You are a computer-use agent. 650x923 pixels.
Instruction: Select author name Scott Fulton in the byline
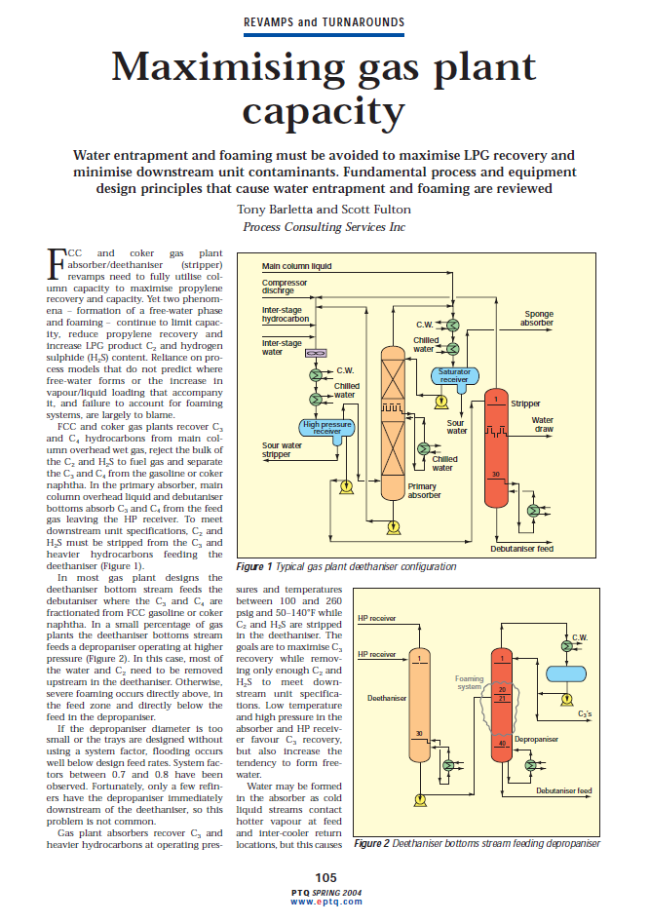point(378,209)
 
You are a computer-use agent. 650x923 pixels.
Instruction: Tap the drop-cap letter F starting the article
point(57,261)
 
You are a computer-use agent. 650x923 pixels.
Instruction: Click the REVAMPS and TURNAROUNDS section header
point(325,20)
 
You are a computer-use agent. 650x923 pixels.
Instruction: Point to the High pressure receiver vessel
point(327,426)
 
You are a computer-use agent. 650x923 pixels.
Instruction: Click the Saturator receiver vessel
point(455,373)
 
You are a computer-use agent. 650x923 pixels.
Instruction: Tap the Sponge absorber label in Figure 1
point(536,318)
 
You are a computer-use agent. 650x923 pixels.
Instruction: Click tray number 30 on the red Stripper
point(495,475)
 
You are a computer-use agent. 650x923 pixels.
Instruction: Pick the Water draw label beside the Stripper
point(569,425)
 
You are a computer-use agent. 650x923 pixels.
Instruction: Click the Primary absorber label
point(424,490)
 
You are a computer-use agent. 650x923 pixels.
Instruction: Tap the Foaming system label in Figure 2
point(470,682)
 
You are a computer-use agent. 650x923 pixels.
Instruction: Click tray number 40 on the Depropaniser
point(501,745)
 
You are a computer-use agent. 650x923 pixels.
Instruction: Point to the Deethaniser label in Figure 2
point(387,698)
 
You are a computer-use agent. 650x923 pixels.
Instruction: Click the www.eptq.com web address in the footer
point(325,902)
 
